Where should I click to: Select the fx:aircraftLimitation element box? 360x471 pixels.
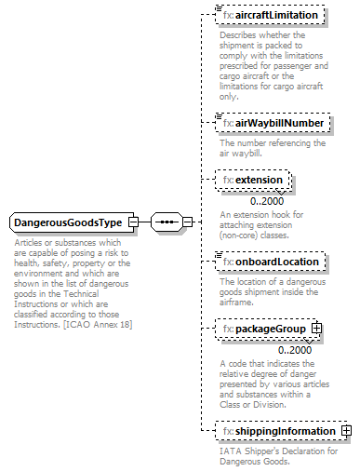click(270, 16)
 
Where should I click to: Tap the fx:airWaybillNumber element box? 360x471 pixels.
click(271, 123)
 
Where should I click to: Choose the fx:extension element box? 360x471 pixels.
click(253, 180)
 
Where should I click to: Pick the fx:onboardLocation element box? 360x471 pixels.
click(270, 262)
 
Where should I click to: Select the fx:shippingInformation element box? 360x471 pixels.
click(277, 431)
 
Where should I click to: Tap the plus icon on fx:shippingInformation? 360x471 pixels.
click(346, 431)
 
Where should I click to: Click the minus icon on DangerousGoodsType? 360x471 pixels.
click(134, 223)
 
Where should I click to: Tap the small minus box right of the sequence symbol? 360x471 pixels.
click(187, 223)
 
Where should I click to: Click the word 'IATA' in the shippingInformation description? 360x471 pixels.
click(231, 451)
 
